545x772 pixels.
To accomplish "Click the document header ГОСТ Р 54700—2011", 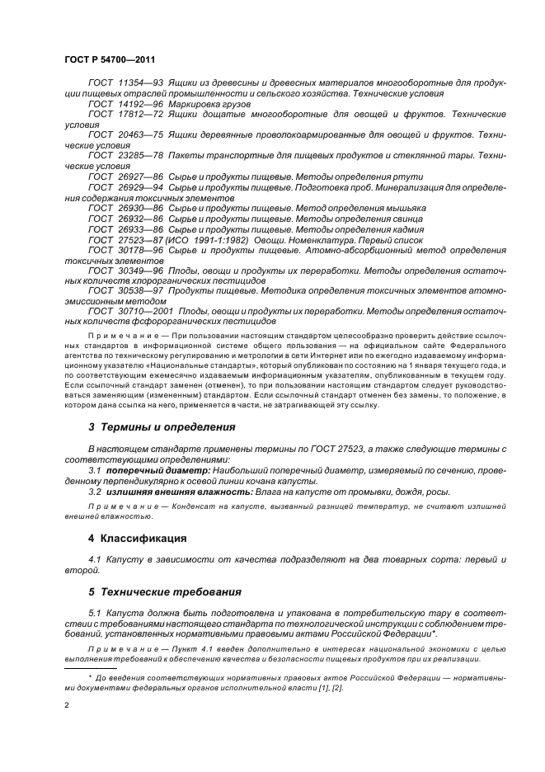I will [109, 60].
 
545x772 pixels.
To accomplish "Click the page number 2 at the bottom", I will [67, 706].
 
